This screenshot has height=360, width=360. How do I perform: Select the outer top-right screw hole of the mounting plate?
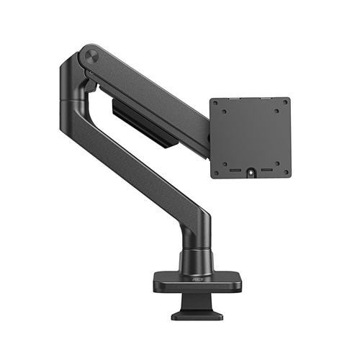tap(282, 106)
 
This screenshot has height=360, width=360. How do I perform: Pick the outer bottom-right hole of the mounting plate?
tap(282, 168)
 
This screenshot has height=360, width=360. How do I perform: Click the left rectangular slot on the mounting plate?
tap(235, 171)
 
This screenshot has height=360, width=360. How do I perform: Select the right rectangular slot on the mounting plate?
tap(266, 171)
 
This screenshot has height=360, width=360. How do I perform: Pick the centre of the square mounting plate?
tap(251, 137)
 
